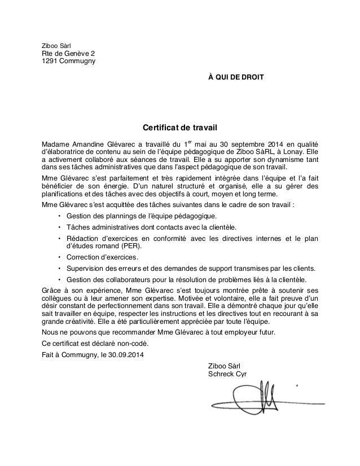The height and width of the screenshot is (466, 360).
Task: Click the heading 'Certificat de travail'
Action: [179, 128]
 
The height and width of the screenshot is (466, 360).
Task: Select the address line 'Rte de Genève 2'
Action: [65, 54]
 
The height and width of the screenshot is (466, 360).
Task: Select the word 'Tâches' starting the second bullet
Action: [77, 227]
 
